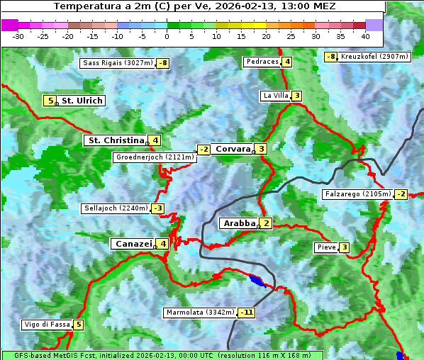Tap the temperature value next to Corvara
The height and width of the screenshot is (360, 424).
(262, 149)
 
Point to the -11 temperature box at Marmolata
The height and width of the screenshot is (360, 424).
(247, 313)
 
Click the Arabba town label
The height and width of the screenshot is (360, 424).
(239, 223)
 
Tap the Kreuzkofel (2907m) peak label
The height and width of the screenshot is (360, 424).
(374, 57)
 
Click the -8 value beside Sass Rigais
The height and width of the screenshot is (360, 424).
(163, 63)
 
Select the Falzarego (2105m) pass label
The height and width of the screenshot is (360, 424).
(357, 194)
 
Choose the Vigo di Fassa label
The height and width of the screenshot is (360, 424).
(47, 325)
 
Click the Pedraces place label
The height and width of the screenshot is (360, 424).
(262, 62)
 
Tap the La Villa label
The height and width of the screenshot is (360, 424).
(275, 96)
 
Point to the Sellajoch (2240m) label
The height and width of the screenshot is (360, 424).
(116, 208)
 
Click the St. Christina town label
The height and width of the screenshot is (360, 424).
(115, 140)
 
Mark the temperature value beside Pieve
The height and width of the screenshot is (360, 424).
(344, 247)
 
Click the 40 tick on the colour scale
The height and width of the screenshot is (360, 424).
(365, 36)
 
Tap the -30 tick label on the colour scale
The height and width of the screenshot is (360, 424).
(18, 36)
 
